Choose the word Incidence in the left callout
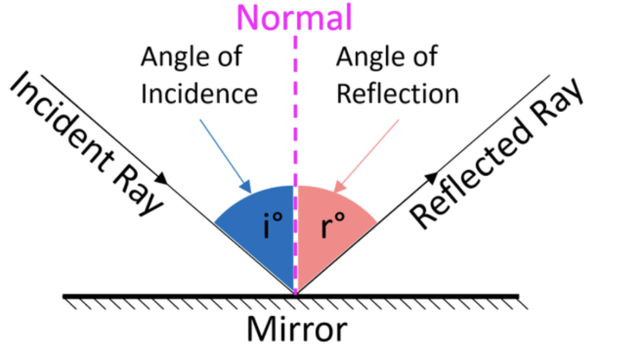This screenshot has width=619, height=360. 199,94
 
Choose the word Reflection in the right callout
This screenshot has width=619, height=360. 397,94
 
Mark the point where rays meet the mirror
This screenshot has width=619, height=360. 296,295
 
